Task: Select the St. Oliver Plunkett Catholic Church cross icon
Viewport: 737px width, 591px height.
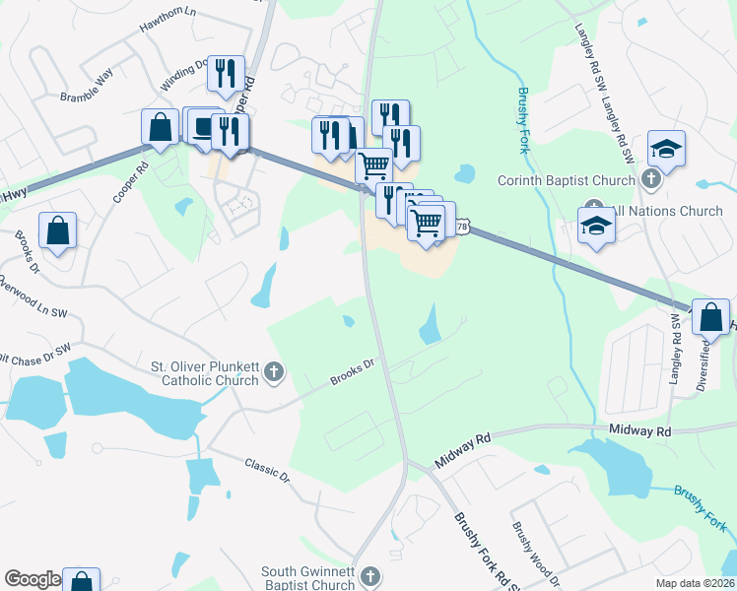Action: coord(274,372)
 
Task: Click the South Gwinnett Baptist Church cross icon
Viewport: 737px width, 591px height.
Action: coord(369,575)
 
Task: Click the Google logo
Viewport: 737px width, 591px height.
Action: coord(33,579)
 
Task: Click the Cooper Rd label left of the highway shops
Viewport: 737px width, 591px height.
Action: coord(129,181)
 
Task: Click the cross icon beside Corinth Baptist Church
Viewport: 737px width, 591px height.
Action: coord(649,179)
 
